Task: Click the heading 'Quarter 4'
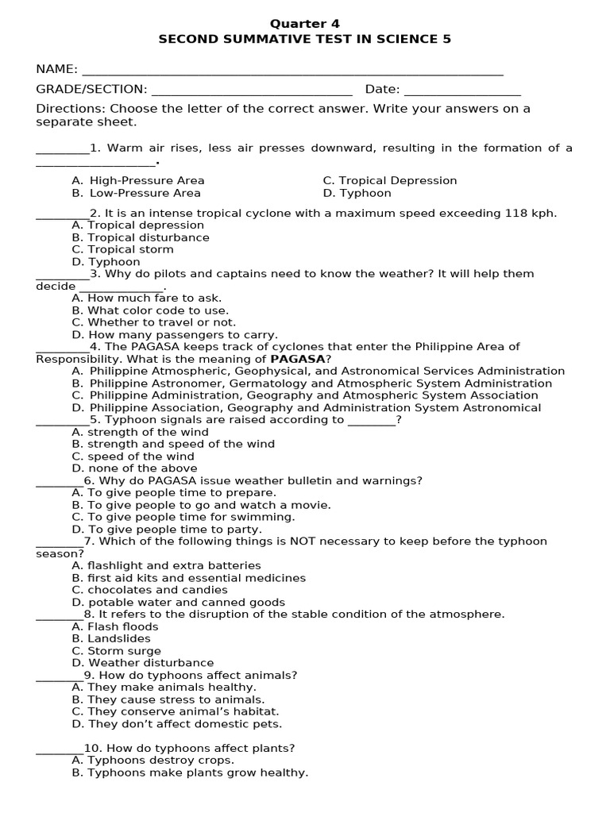point(305,24)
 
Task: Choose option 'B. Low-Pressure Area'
point(136,193)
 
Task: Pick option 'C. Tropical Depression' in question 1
point(390,180)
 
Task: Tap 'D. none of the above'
point(134,468)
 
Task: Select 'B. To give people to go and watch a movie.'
point(201,505)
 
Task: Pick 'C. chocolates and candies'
point(149,590)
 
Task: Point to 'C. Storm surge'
point(116,651)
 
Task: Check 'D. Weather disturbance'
point(142,663)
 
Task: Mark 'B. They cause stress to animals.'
point(168,699)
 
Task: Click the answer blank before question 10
point(60,748)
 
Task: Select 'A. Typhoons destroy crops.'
point(152,760)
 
